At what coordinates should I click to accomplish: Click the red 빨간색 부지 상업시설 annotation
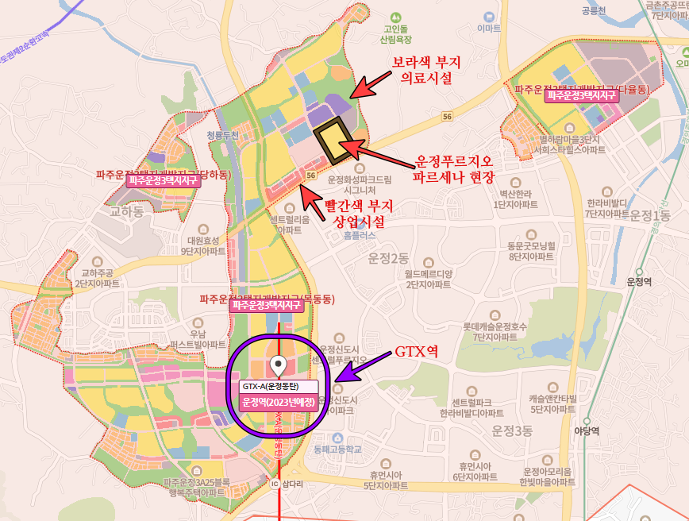pos(355,213)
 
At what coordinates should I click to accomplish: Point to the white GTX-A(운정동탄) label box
pos(278,386)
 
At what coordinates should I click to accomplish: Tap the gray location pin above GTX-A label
pos(278,365)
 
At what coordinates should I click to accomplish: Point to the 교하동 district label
pos(126,212)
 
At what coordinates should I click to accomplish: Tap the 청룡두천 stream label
pos(222,136)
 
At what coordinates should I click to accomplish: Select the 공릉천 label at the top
pos(593,11)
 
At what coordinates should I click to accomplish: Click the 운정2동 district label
pos(387,258)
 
